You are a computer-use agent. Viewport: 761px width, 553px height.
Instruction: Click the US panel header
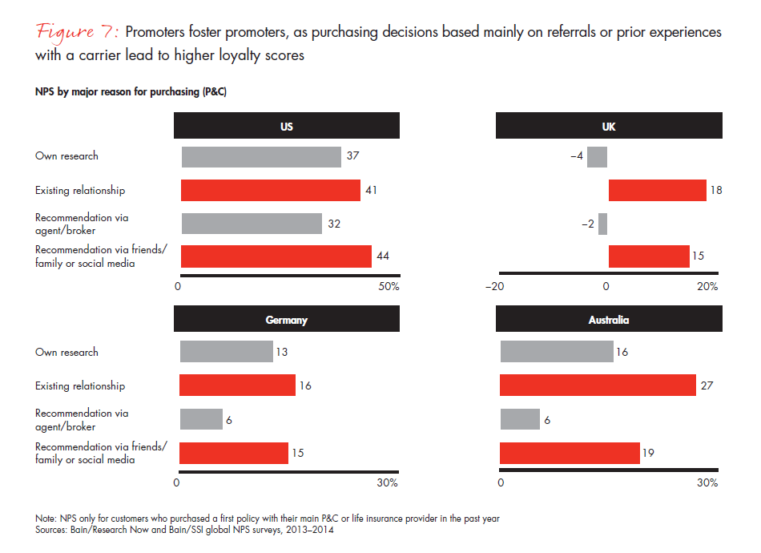[287, 126]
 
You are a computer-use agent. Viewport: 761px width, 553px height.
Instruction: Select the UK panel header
[609, 126]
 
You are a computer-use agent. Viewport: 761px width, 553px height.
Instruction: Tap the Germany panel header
[287, 320]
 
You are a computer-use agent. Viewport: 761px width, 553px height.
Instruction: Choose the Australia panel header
[609, 320]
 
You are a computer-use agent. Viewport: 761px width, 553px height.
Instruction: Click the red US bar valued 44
[276, 256]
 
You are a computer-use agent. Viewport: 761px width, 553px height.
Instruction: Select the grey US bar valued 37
[261, 156]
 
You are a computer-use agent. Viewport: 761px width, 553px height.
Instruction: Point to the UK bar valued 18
[657, 190]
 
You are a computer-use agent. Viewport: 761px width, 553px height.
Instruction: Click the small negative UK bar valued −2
[602, 224]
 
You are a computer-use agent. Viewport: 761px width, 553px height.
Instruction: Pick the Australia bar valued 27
[598, 385]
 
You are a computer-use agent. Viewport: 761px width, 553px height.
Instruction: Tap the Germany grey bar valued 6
[201, 419]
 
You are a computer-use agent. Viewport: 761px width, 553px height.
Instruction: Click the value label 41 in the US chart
[370, 191]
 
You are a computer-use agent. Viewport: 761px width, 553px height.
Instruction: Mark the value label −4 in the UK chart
[576, 156]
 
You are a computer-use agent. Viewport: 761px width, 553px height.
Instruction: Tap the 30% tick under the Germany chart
[388, 483]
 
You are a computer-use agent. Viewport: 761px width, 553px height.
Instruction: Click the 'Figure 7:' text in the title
[78, 32]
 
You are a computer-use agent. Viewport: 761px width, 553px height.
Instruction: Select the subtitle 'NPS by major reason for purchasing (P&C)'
[131, 92]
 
